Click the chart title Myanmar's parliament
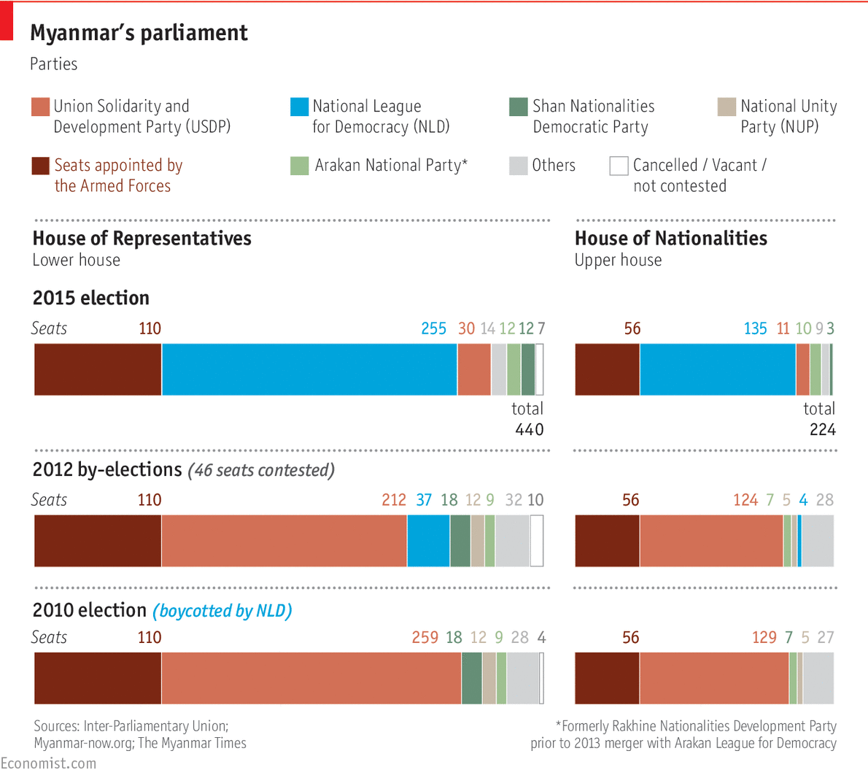[x=139, y=33]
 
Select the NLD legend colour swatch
[x=299, y=107]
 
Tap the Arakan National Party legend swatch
[x=299, y=166]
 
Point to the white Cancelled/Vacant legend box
[x=619, y=166]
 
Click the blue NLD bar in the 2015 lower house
[x=309, y=370]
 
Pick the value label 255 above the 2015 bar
[x=433, y=328]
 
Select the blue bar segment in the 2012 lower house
[x=428, y=541]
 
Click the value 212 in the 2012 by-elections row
[x=394, y=500]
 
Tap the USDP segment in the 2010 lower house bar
[x=311, y=678]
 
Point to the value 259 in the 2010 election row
[x=425, y=637]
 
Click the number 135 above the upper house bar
[x=755, y=328]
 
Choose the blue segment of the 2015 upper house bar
[x=717, y=370]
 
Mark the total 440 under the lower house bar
[x=529, y=430]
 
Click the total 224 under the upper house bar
[x=822, y=430]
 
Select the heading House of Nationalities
[x=670, y=239]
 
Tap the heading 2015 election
[x=91, y=298]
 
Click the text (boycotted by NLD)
[x=222, y=611]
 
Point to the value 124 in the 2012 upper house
[x=745, y=500]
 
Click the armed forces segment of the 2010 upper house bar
[x=607, y=678]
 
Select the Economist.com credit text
[x=48, y=763]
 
